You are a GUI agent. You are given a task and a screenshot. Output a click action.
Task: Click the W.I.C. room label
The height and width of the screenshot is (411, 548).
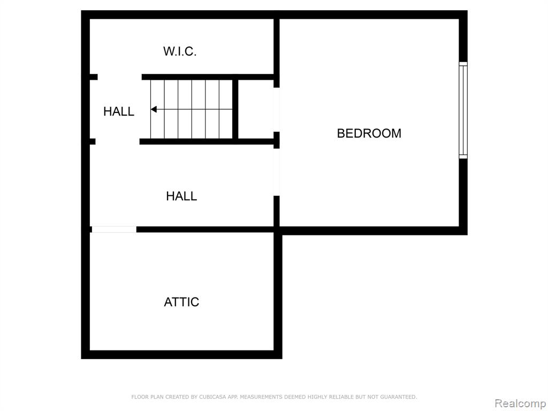180,51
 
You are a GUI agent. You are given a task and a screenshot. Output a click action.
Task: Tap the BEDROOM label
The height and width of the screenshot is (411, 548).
369,133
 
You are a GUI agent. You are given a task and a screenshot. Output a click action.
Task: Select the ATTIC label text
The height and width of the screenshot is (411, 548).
181,302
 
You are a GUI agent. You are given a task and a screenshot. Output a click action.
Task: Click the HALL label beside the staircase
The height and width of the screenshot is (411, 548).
119,111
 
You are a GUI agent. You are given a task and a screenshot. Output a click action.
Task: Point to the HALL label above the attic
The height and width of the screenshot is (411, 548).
181,196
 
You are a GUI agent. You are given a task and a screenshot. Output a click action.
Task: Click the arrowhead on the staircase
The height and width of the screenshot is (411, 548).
154,109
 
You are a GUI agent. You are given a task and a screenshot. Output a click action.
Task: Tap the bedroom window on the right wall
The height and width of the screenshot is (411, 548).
463,110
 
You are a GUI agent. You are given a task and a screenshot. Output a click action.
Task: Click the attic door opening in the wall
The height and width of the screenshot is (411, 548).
114,230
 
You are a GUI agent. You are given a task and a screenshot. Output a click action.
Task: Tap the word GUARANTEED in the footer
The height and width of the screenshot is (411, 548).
398,397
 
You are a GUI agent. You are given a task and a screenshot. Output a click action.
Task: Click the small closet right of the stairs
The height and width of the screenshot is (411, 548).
256,109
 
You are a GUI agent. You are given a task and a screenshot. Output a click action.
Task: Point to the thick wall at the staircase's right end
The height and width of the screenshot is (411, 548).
235,109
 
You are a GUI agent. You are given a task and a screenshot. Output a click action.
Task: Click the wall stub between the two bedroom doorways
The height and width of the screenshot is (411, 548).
277,140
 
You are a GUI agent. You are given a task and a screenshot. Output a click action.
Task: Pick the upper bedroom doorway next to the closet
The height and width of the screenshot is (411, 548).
277,109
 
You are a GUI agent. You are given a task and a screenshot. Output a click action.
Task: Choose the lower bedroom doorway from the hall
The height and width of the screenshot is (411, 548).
277,172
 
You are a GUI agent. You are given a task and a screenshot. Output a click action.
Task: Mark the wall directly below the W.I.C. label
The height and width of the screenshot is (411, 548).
208,77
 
